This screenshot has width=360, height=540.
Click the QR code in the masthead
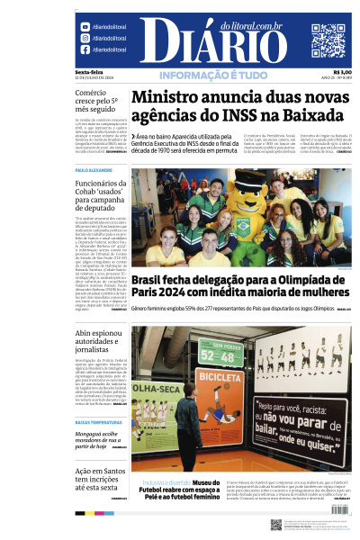(328, 40)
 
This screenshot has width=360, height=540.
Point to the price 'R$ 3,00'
(342, 71)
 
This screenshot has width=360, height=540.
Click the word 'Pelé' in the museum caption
(149, 496)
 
